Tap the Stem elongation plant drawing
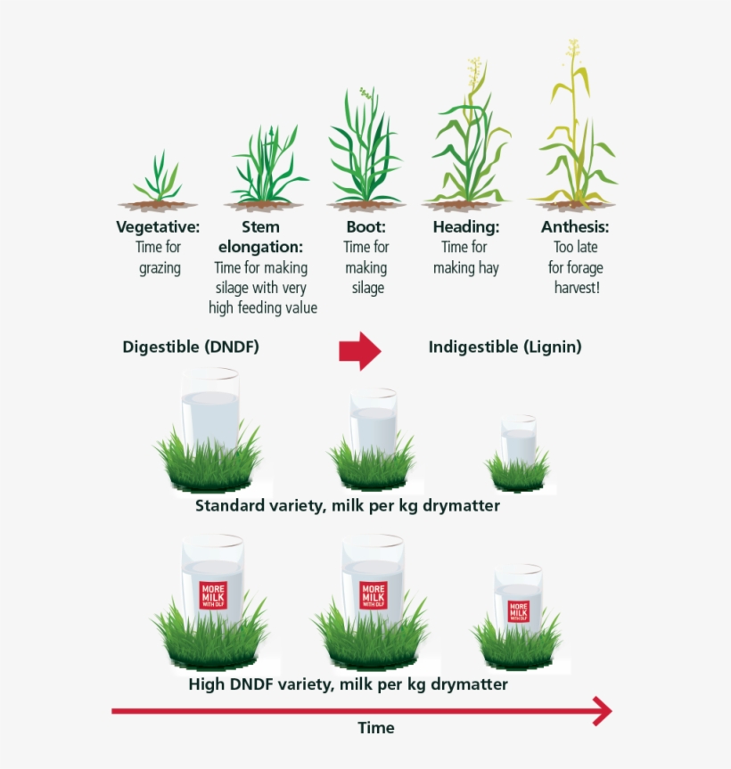266,167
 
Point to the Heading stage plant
469,134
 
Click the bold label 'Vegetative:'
158,226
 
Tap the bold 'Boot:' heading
366,226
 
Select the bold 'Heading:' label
466,226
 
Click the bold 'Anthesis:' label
575,226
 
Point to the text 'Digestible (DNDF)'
191,347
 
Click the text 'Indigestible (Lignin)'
505,347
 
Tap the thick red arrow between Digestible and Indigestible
359,351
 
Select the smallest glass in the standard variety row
519,439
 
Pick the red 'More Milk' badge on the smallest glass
518,611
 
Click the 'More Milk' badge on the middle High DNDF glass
374,595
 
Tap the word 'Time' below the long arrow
376,727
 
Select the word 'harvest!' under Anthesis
577,288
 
